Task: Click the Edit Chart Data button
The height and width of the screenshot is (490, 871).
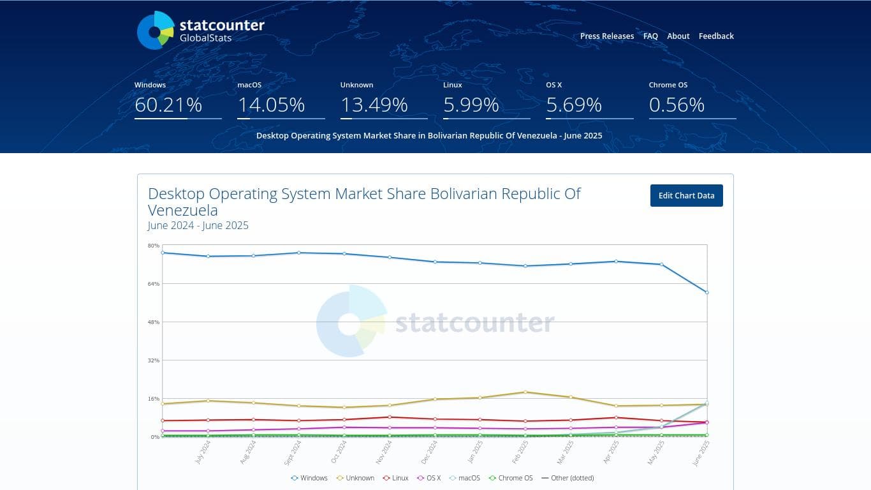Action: (686, 196)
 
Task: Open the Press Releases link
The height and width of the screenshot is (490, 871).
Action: (606, 36)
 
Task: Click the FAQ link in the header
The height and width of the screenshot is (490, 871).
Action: (650, 36)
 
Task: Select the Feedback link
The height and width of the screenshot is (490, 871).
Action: (716, 36)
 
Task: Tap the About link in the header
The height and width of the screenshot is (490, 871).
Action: (678, 36)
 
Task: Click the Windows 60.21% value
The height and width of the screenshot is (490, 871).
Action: (168, 105)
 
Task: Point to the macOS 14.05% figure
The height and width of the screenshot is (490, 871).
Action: (271, 105)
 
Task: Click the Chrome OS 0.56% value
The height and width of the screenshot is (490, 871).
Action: (677, 105)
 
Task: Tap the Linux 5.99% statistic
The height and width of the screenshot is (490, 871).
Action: (471, 105)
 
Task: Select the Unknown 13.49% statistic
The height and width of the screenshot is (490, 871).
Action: (374, 105)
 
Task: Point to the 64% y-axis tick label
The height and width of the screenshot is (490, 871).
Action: (153, 284)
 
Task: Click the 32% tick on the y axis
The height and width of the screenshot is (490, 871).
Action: (153, 360)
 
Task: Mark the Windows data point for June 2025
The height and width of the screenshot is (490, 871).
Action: (707, 292)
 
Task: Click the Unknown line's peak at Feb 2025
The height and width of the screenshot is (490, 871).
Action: (525, 392)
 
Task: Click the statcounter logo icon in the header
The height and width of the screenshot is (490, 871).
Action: (156, 31)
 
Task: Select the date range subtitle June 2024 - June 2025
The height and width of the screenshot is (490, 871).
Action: (198, 226)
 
